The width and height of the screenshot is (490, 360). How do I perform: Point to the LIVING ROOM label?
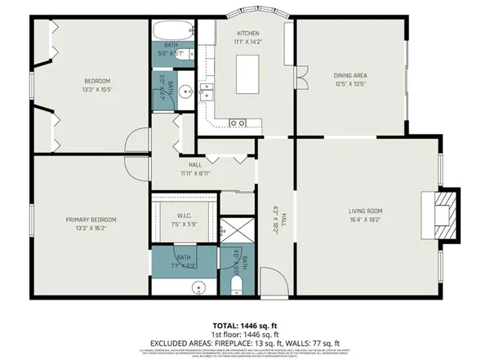(366, 211)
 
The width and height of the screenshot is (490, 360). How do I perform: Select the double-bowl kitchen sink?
(238, 122)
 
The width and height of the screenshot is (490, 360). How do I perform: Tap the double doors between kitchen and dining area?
(299, 82)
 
